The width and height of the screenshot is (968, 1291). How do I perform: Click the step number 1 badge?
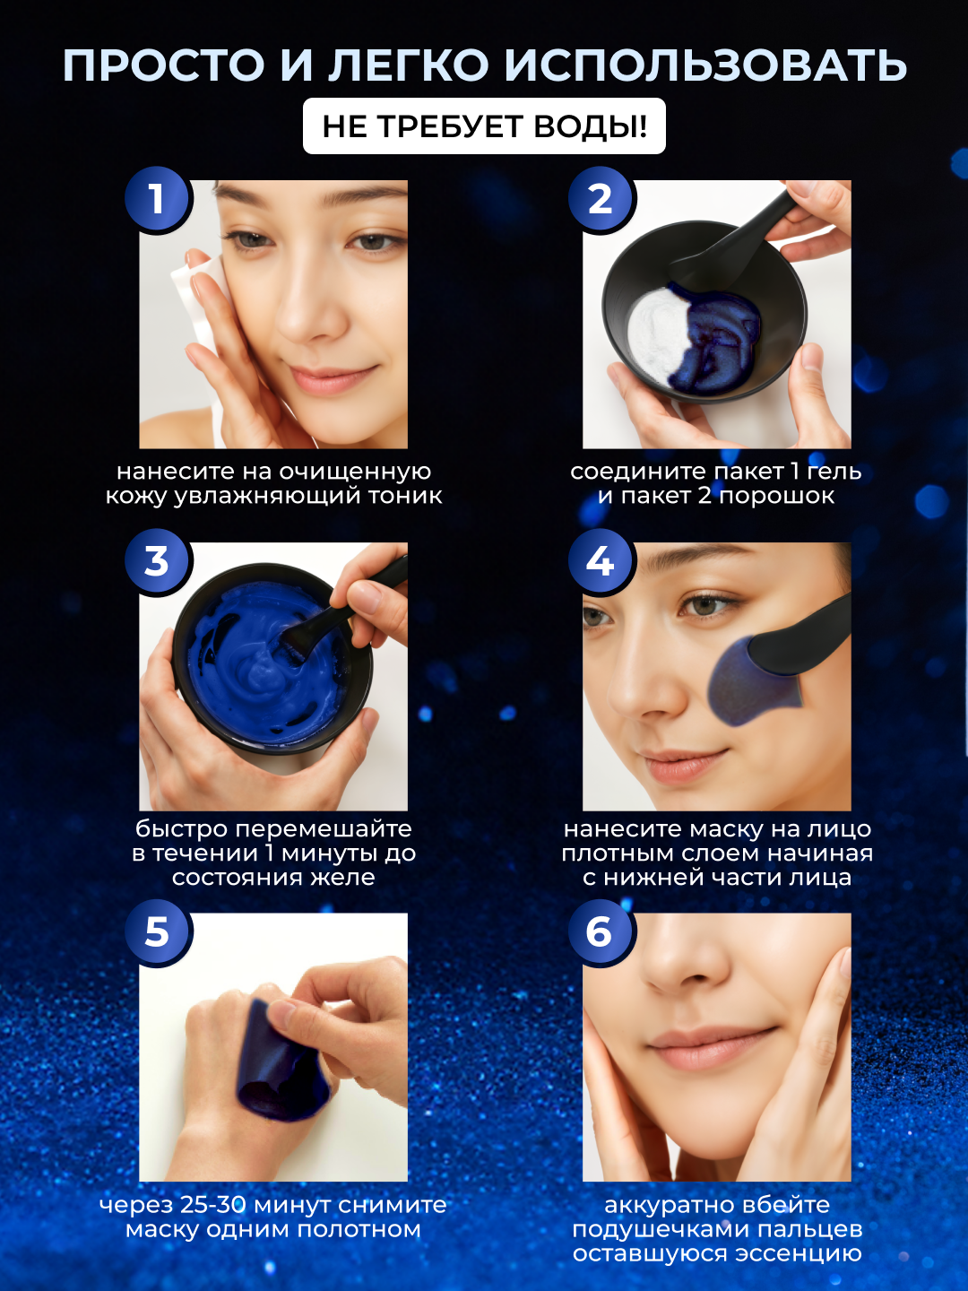[157, 199]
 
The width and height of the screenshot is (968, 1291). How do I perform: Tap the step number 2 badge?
[601, 199]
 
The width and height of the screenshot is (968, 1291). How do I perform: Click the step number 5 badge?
[157, 931]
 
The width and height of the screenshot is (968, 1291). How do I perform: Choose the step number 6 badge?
[601, 931]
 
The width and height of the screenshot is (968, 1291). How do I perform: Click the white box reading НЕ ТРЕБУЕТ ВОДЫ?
[484, 126]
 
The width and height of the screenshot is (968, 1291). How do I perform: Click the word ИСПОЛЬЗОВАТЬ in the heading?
[706, 65]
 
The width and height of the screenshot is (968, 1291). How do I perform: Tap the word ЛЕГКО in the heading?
[407, 65]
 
